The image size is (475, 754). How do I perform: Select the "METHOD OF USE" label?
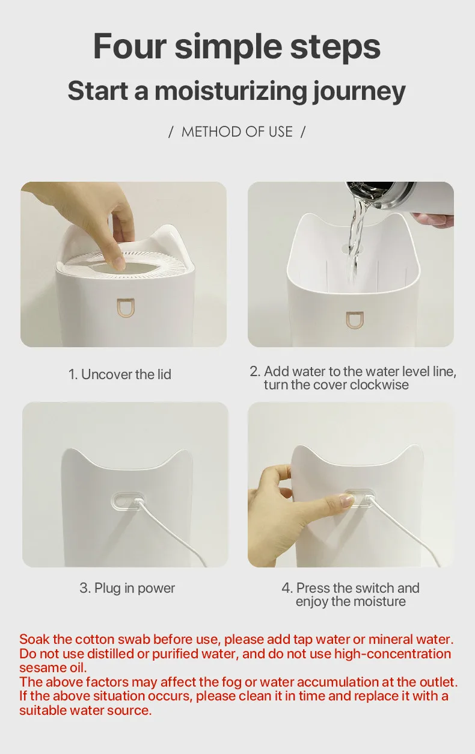pyautogui.click(x=237, y=132)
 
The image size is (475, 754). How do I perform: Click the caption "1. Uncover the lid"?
pyautogui.click(x=120, y=374)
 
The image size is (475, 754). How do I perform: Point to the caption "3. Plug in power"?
pyautogui.click(x=127, y=588)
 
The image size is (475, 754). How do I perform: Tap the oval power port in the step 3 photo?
pyautogui.click(x=129, y=501)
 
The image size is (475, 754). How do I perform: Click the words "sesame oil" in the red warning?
pyautogui.click(x=53, y=668)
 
